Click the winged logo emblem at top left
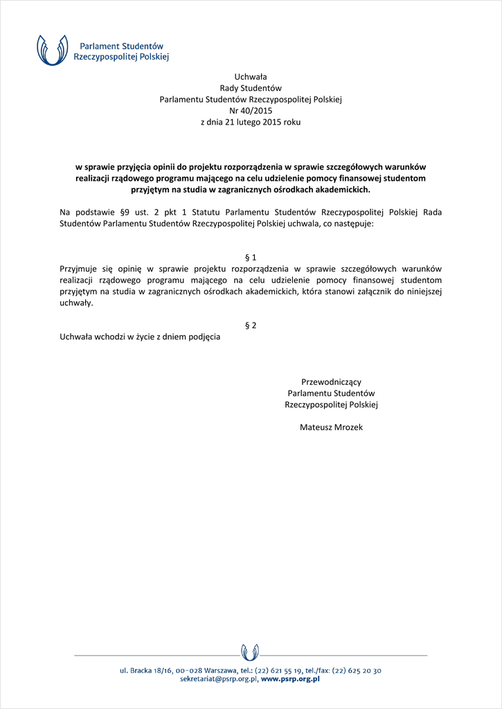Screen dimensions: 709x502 click(53, 49)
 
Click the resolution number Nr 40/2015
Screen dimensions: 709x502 click(251, 111)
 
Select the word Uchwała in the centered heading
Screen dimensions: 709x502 click(251, 77)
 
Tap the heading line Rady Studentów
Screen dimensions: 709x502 click(251, 88)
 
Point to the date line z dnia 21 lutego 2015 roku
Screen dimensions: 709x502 click(251, 122)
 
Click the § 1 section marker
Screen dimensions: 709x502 click(251, 258)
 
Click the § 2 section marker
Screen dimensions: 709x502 click(251, 325)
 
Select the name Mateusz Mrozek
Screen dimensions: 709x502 click(331, 427)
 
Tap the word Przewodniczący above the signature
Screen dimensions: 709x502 click(331, 382)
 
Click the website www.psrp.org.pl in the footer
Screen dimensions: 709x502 click(290, 679)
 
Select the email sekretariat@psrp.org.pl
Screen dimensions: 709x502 click(219, 679)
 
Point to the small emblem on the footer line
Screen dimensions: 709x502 click(250, 652)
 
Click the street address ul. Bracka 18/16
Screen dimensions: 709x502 click(145, 670)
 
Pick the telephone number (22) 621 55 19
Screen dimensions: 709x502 click(280, 670)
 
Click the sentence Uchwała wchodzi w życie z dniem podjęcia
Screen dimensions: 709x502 click(140, 336)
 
